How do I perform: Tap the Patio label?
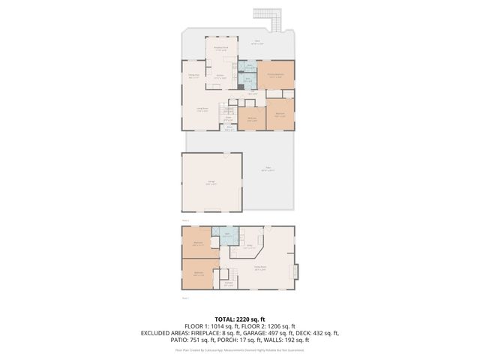[x=268, y=169]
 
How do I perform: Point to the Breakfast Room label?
[x=223, y=49]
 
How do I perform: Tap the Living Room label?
[x=202, y=109]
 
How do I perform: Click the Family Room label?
[x=260, y=269]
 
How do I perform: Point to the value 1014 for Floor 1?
[x=217, y=327]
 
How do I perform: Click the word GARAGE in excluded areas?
[x=268, y=334]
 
